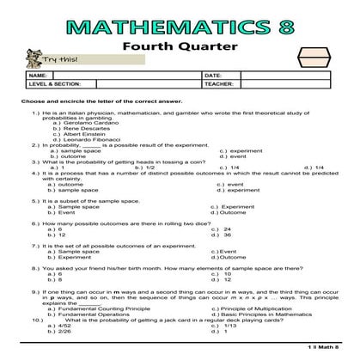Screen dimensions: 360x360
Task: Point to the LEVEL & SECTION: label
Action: (x=54, y=84)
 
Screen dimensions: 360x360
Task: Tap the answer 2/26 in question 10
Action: (x=63, y=333)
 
